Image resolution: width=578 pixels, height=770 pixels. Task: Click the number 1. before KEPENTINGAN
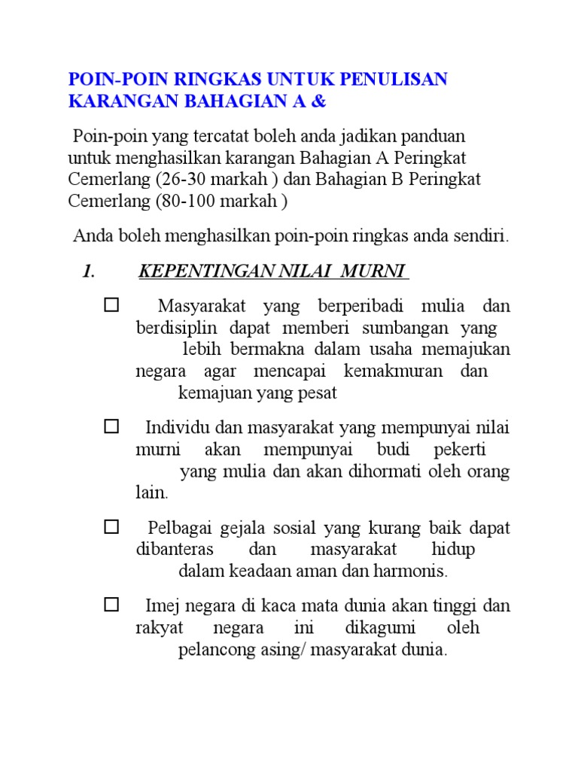pyautogui.click(x=88, y=271)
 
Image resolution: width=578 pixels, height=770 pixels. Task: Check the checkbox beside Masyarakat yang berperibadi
pyautogui.click(x=111, y=305)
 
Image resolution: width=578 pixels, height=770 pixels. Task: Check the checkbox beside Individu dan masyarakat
pyautogui.click(x=111, y=427)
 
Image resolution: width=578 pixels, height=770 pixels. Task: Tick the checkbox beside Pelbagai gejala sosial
pyautogui.click(x=111, y=527)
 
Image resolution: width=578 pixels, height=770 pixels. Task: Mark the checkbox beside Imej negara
pyautogui.click(x=111, y=604)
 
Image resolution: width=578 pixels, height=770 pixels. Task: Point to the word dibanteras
pyautogui.click(x=175, y=550)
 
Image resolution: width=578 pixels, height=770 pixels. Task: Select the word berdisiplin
pyautogui.click(x=176, y=328)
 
